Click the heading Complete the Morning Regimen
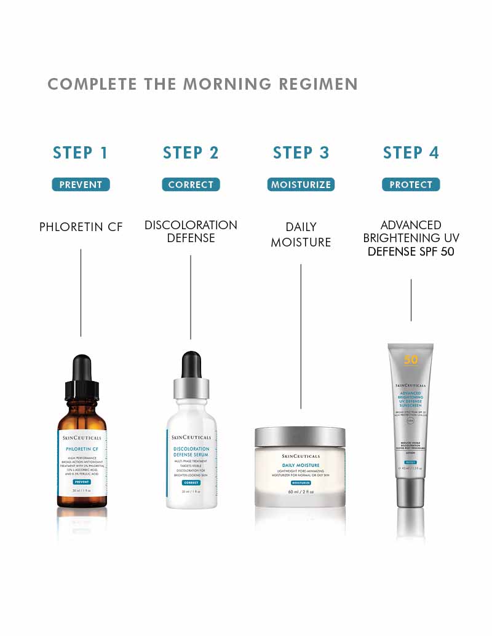(202, 84)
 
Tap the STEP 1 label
(81, 153)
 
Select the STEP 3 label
(301, 153)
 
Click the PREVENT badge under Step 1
(81, 184)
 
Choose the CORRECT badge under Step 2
(191, 184)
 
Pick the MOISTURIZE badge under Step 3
(301, 184)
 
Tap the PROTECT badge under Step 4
(411, 184)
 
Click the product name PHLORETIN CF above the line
(81, 227)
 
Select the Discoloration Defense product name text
(191, 231)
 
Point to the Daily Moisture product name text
(301, 235)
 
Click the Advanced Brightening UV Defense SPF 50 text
(411, 238)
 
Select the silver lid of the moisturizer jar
(300, 437)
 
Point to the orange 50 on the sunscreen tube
(411, 359)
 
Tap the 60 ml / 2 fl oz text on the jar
(301, 492)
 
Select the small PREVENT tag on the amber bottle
(82, 482)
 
